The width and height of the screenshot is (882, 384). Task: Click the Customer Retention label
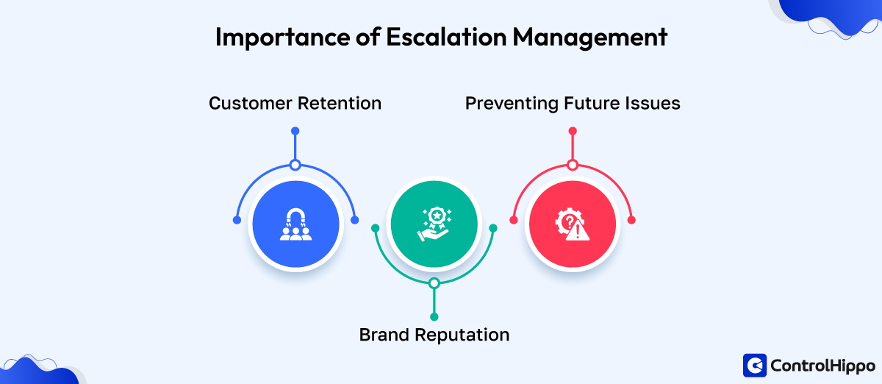click(x=295, y=103)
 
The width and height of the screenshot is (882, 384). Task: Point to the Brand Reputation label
click(x=434, y=335)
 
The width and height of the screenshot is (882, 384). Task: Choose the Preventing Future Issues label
click(x=573, y=103)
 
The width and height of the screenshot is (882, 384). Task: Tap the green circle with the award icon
click(x=434, y=223)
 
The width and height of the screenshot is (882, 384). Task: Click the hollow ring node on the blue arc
click(x=295, y=165)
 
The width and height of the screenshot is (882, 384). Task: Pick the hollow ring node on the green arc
click(x=434, y=283)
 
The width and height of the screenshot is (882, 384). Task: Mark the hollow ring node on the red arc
click(x=573, y=165)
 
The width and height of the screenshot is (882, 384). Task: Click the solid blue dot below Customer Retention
click(x=295, y=131)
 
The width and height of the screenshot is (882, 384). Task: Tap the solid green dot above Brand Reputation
click(x=434, y=316)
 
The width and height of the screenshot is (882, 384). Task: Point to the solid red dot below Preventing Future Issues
click(x=573, y=131)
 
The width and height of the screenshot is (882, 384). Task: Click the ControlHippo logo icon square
click(x=755, y=365)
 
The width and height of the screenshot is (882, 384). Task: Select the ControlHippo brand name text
click(x=822, y=365)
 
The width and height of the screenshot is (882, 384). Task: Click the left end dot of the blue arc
click(x=236, y=220)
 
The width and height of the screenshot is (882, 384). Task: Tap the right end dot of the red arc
click(x=631, y=220)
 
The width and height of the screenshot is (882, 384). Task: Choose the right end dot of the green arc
click(x=493, y=228)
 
